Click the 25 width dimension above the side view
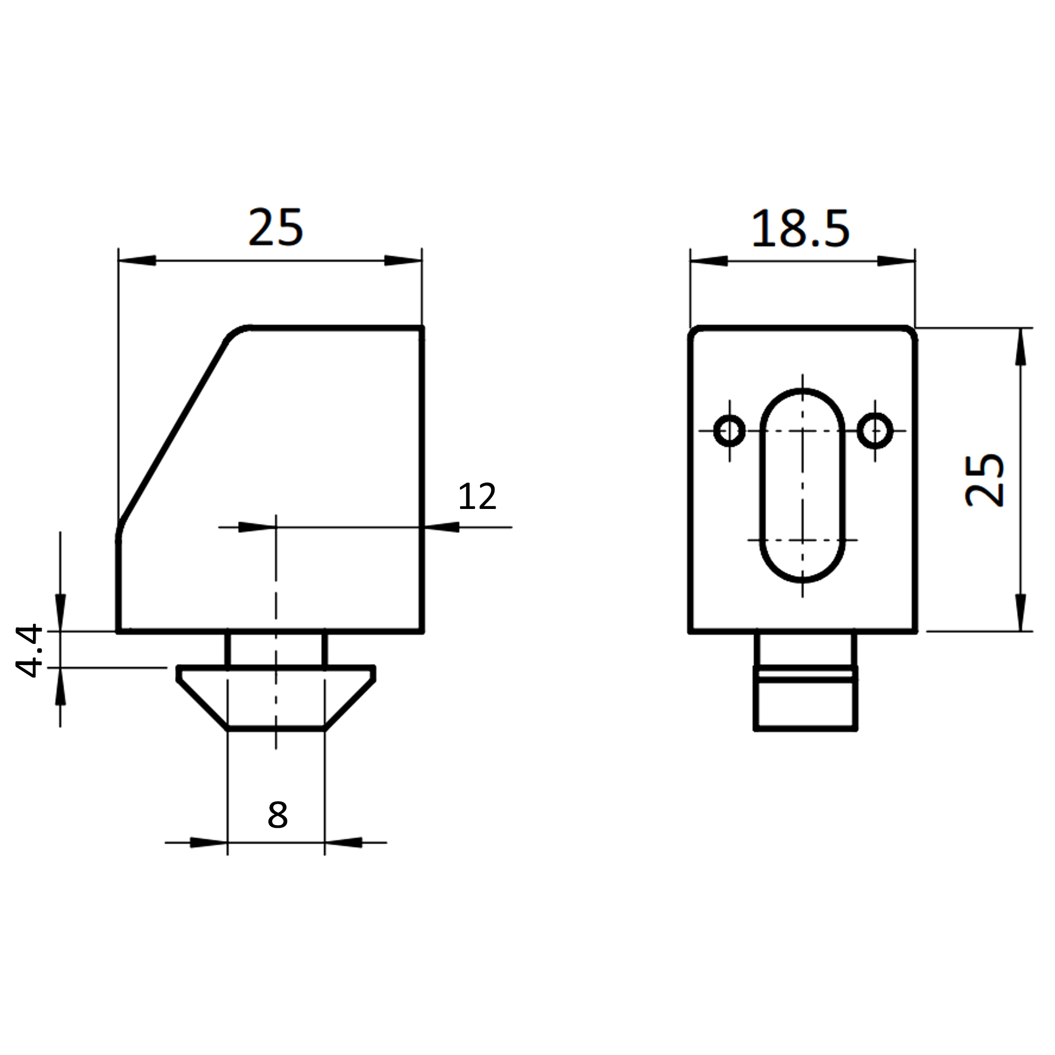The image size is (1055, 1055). [x=275, y=227]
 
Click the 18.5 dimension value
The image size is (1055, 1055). [x=801, y=228]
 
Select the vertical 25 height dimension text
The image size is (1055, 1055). [x=984, y=480]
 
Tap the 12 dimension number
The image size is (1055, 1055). [x=477, y=497]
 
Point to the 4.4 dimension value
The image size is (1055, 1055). [x=28, y=651]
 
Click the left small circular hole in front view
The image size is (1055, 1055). [x=729, y=431]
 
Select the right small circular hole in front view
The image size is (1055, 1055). [x=875, y=431]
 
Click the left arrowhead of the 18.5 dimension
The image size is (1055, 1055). [x=709, y=261]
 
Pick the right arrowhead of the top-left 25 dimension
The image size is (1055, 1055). [x=403, y=261]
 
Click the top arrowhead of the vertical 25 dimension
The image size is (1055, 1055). [x=1020, y=346]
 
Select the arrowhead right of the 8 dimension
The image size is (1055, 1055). [x=344, y=843]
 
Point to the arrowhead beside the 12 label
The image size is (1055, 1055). [x=441, y=527]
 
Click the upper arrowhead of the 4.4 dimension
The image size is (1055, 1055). [x=61, y=612]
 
